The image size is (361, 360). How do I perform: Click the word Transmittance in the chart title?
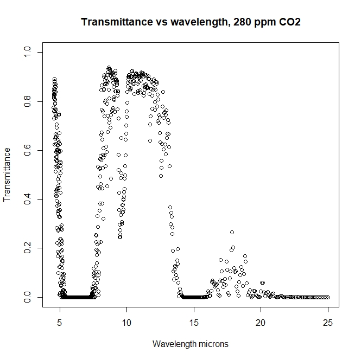[x=117, y=22]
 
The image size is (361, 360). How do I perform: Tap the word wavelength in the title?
[x=199, y=23]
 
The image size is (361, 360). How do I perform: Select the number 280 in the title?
[x=241, y=22]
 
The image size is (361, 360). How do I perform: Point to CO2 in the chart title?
[x=290, y=22]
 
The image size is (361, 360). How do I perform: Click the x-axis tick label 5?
[x=60, y=323]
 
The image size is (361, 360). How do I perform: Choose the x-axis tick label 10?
[x=126, y=323]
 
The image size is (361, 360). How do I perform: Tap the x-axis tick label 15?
[x=194, y=323]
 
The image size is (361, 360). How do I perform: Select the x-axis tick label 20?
[x=261, y=323]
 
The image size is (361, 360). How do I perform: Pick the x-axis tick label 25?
[x=328, y=323]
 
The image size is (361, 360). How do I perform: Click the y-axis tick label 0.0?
[x=27, y=297]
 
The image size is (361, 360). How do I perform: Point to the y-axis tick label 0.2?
[x=27, y=248]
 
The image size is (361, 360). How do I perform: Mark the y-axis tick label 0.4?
[x=27, y=199]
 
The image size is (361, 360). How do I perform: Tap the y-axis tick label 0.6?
[x=27, y=150]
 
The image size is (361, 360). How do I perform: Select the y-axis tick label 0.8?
[x=27, y=101]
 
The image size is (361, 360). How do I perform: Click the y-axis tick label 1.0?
[x=27, y=52]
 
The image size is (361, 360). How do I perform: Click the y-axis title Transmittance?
[x=7, y=175]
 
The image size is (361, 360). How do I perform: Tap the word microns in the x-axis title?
[x=213, y=344]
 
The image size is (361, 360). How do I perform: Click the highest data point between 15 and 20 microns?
[x=232, y=232]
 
